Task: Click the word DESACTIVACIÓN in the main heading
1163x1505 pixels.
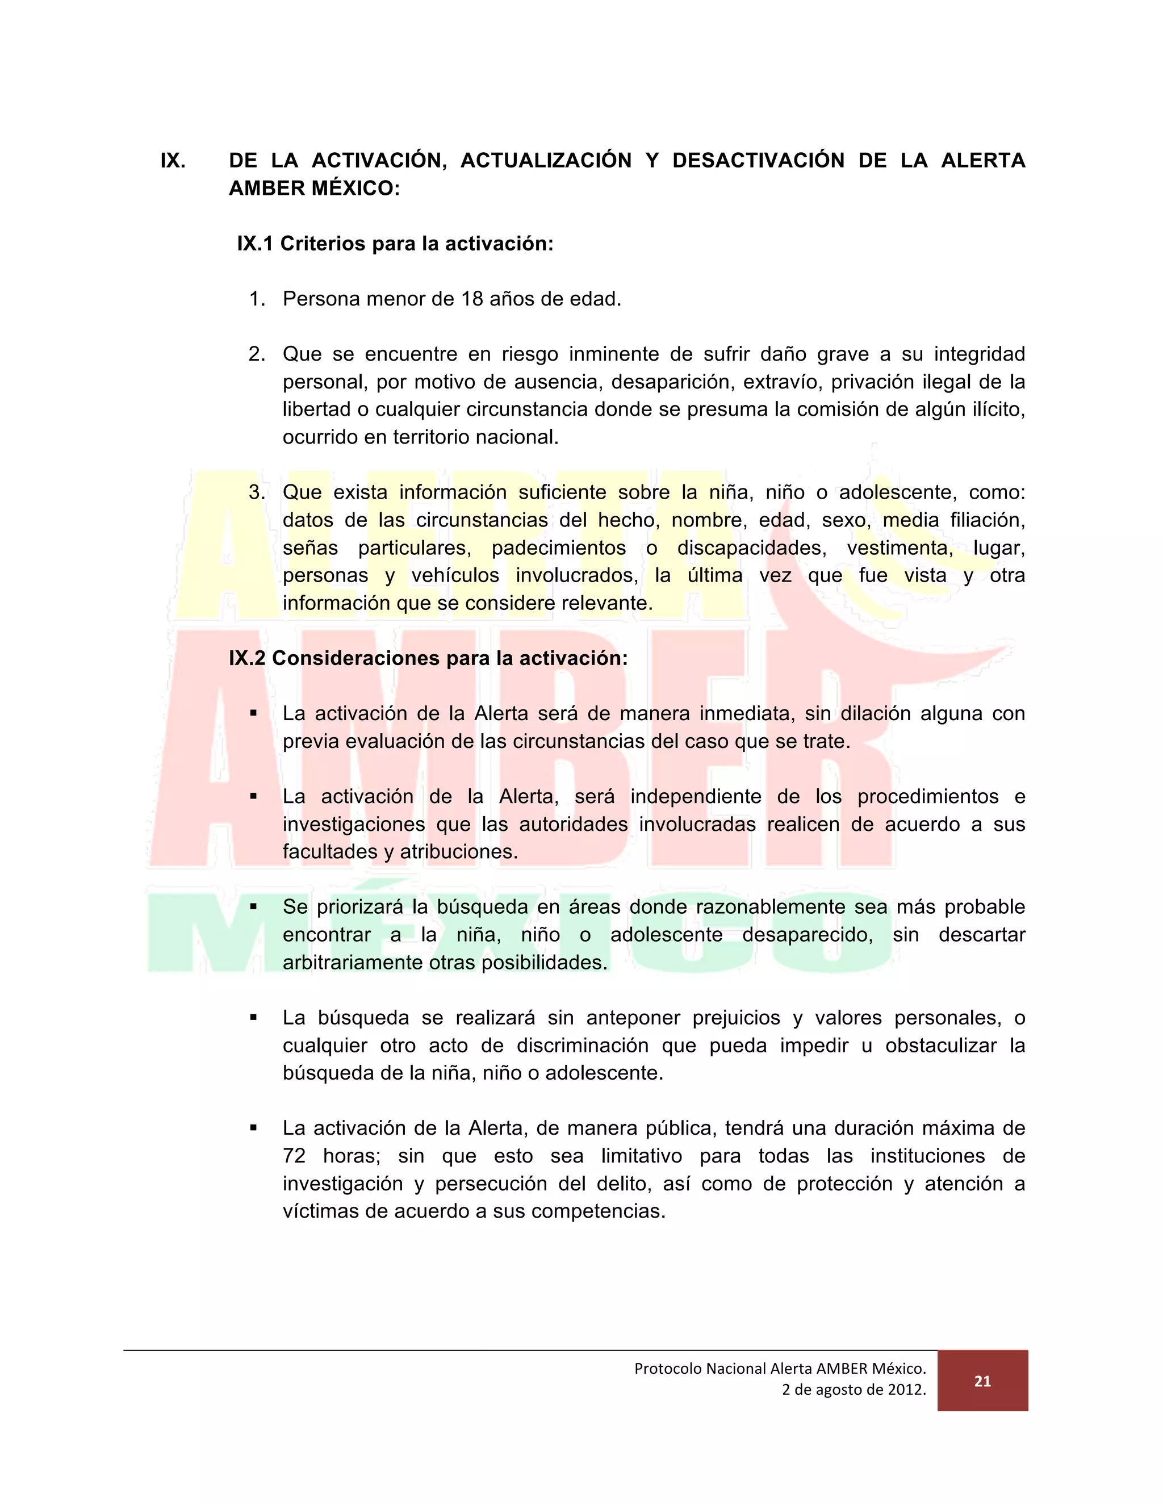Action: click(x=759, y=161)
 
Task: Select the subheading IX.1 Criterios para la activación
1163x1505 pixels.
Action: click(x=395, y=244)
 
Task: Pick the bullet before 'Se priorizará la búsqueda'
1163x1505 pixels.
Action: click(x=253, y=907)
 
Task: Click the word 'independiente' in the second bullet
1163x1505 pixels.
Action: click(x=696, y=797)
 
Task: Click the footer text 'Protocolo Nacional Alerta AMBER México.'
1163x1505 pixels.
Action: click(x=780, y=1368)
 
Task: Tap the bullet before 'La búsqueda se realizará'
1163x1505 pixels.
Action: click(x=253, y=1017)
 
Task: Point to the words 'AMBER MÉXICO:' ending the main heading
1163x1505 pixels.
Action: click(x=314, y=188)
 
